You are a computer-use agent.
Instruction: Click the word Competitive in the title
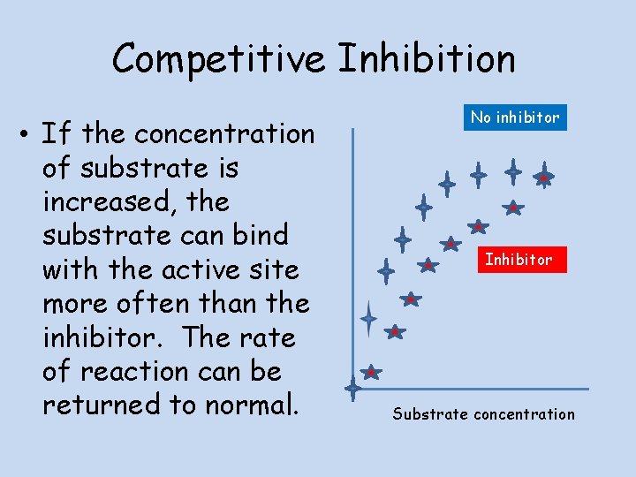220,59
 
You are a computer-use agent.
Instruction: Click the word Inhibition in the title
426,59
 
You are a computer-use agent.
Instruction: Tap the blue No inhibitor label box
515,117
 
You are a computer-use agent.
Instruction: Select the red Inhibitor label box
518,259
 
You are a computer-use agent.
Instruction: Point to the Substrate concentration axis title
483,413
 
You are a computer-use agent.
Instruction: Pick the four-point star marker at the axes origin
353,387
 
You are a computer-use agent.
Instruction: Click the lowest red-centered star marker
371,372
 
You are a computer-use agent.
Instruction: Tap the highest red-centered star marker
545,178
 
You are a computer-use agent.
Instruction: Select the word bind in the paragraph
258,235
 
